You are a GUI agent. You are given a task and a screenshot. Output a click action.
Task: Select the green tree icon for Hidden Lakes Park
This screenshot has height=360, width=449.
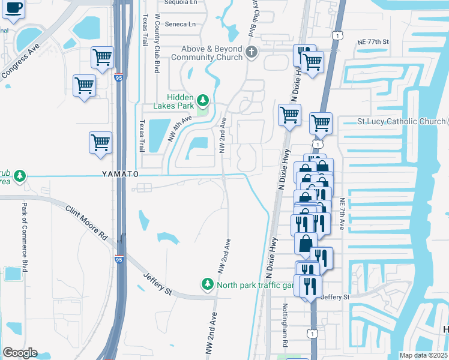(x=203, y=100)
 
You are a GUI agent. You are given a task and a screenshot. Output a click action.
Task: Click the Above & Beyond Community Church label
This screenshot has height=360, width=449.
(x=206, y=53)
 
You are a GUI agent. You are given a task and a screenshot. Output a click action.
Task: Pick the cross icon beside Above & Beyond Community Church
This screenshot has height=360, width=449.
(x=252, y=52)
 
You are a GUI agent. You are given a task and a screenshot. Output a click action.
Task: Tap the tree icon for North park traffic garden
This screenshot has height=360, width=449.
(x=208, y=284)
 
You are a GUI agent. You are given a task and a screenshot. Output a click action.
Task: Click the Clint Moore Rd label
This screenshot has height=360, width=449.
(x=88, y=220)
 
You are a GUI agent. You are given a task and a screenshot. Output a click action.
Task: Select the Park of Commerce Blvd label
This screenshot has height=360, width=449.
(x=25, y=237)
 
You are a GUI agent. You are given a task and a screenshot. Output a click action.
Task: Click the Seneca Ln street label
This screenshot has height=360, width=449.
(x=180, y=25)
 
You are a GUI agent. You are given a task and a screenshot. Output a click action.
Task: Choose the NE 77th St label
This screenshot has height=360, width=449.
(x=373, y=42)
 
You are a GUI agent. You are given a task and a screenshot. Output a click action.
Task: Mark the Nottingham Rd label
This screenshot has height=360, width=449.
(x=285, y=325)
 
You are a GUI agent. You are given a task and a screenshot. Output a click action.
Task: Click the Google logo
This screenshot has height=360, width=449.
(x=20, y=353)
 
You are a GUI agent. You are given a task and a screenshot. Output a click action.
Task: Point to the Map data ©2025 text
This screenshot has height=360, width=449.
(x=423, y=355)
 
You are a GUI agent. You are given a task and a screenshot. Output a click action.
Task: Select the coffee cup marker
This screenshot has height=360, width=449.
(x=14, y=9)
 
